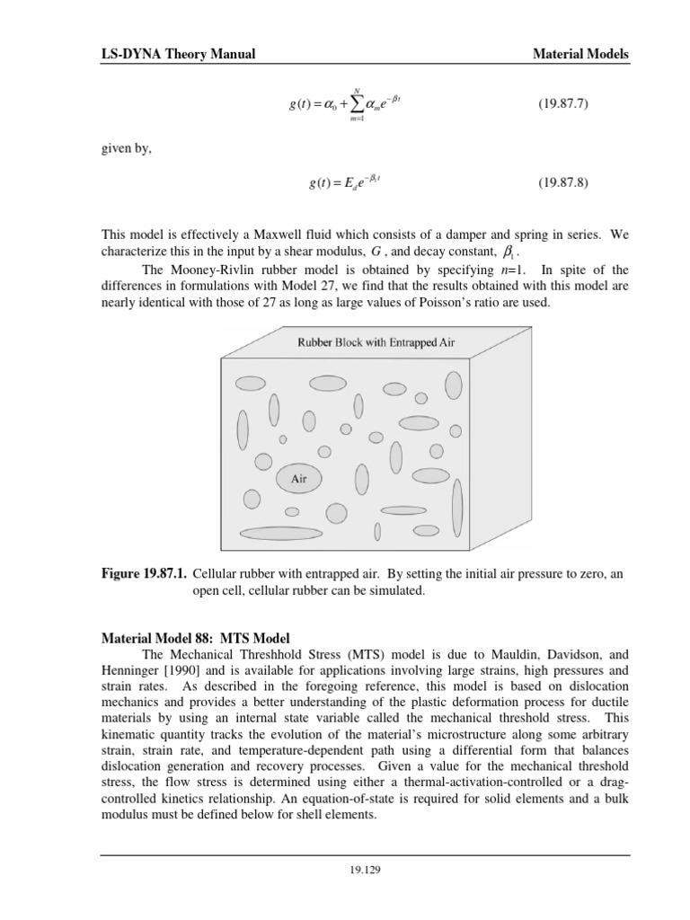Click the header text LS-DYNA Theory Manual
pyautogui.click(x=178, y=55)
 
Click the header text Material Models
pyautogui.click(x=581, y=55)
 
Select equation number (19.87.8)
pyautogui.click(x=562, y=183)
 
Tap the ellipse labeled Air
pyautogui.click(x=299, y=479)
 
